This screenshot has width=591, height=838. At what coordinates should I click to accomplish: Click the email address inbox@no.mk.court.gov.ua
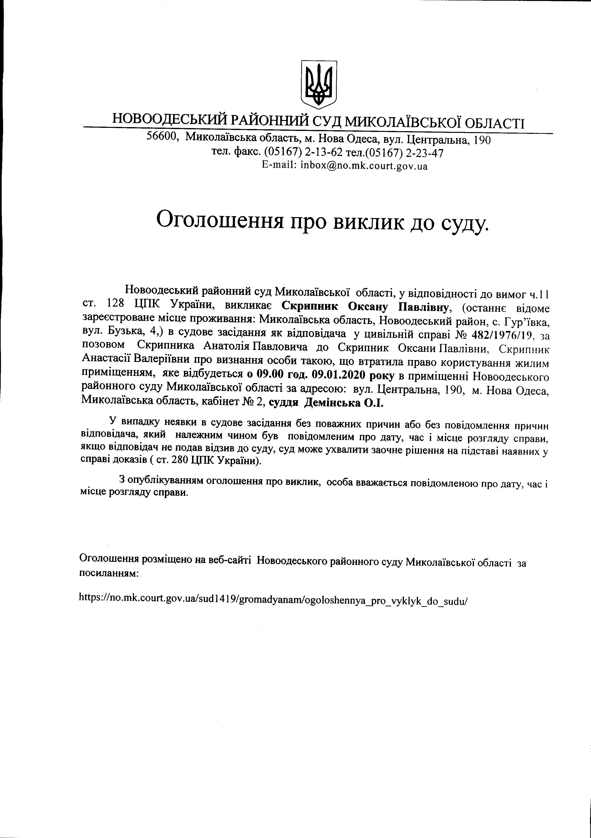coord(364,166)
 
